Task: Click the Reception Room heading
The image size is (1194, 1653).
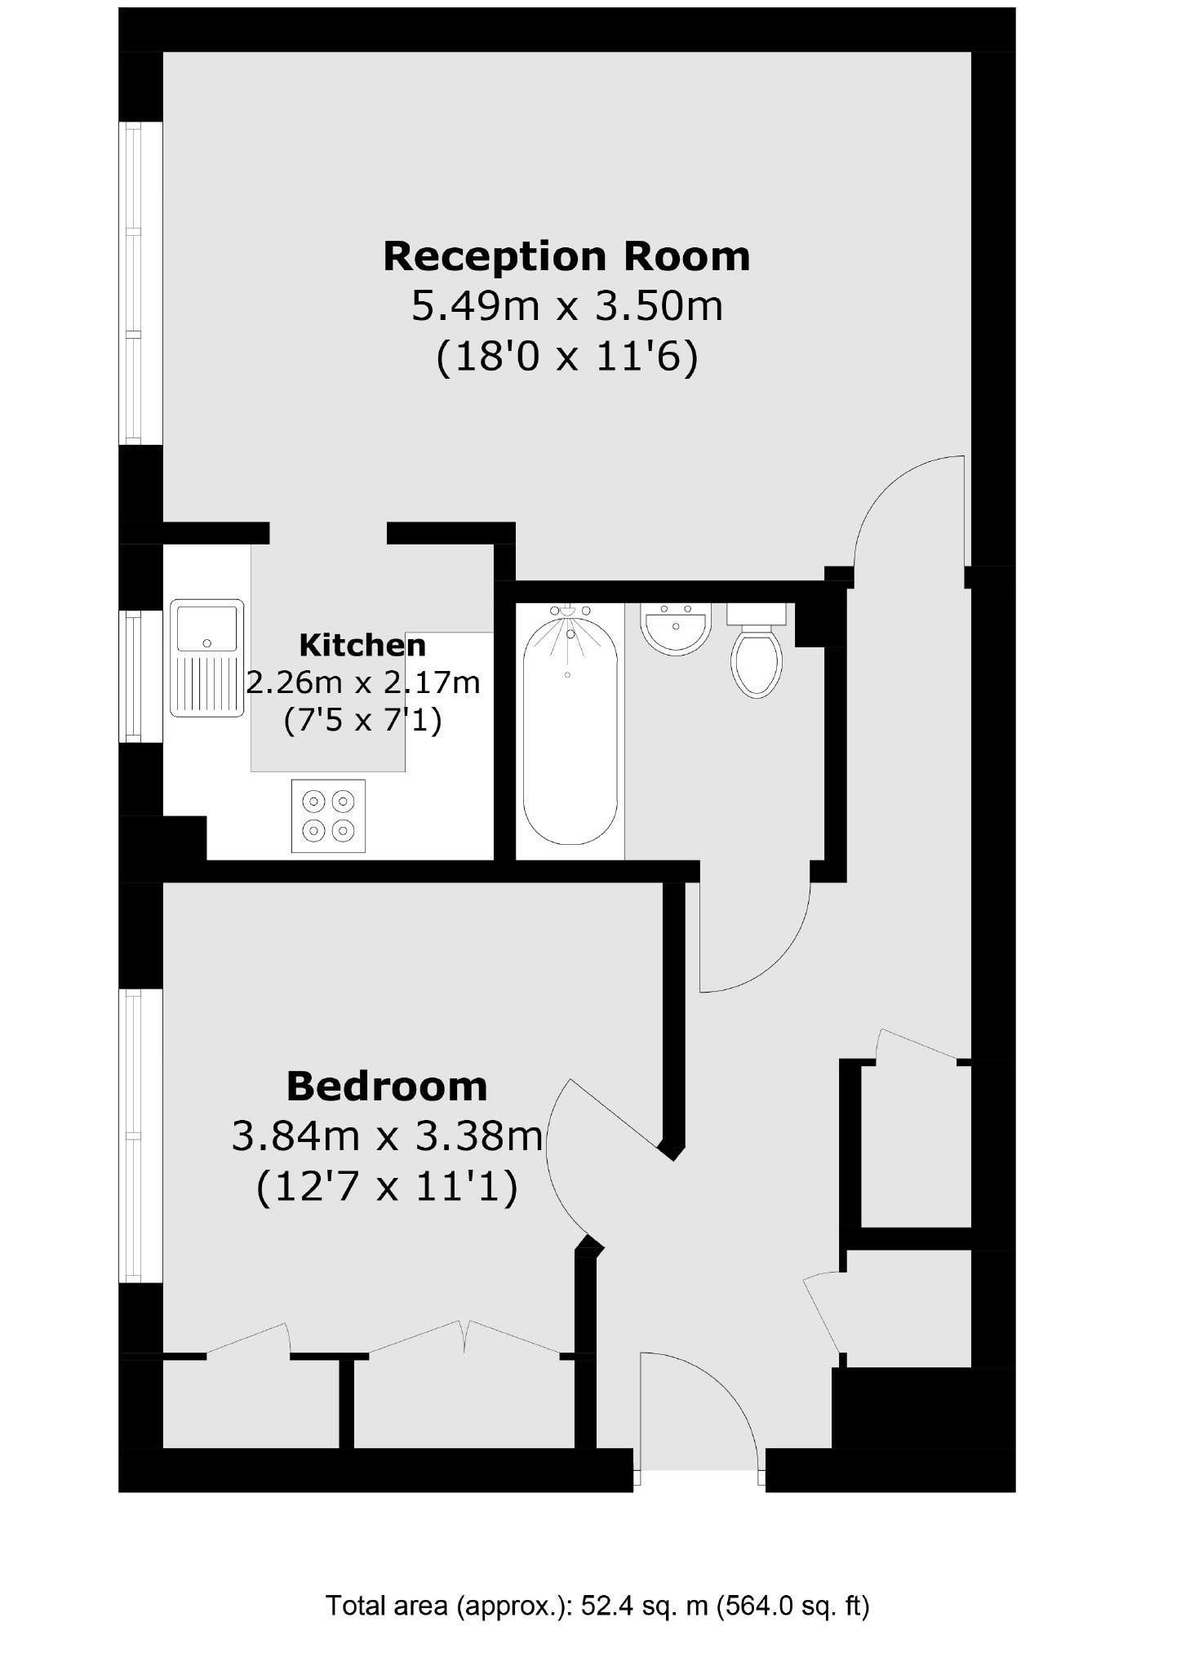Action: (x=566, y=256)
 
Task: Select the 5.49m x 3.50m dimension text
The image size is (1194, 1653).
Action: (x=566, y=307)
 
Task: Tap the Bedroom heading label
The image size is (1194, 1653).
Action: (x=387, y=1086)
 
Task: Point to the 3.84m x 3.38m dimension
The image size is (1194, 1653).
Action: (x=387, y=1136)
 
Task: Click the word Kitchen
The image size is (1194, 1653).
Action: (x=362, y=645)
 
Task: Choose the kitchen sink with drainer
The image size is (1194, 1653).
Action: (x=206, y=658)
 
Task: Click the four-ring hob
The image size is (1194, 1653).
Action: (x=328, y=815)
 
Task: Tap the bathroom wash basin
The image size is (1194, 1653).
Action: (x=676, y=629)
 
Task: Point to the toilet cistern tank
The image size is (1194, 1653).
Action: (x=757, y=614)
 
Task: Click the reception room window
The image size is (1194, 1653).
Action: (x=130, y=283)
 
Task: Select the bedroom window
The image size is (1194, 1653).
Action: (x=130, y=1135)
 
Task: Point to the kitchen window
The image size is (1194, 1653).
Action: (x=130, y=676)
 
